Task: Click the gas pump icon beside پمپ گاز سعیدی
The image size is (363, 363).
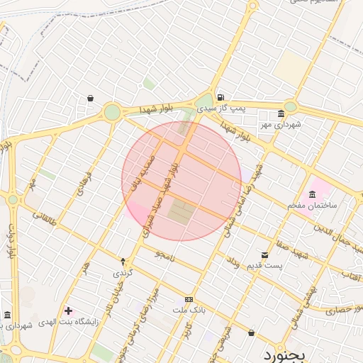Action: click(x=222, y=96)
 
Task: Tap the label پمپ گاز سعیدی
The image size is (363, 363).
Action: click(x=221, y=108)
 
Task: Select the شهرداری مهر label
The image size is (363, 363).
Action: click(x=281, y=125)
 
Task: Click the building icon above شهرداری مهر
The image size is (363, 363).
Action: click(x=281, y=113)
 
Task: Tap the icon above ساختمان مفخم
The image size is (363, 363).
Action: click(x=312, y=194)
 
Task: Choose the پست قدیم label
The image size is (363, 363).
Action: click(x=264, y=266)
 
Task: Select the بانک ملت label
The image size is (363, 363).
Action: click(x=189, y=310)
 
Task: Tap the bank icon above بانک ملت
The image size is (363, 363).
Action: click(x=189, y=299)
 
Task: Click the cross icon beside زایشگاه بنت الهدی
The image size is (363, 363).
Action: click(x=68, y=311)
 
